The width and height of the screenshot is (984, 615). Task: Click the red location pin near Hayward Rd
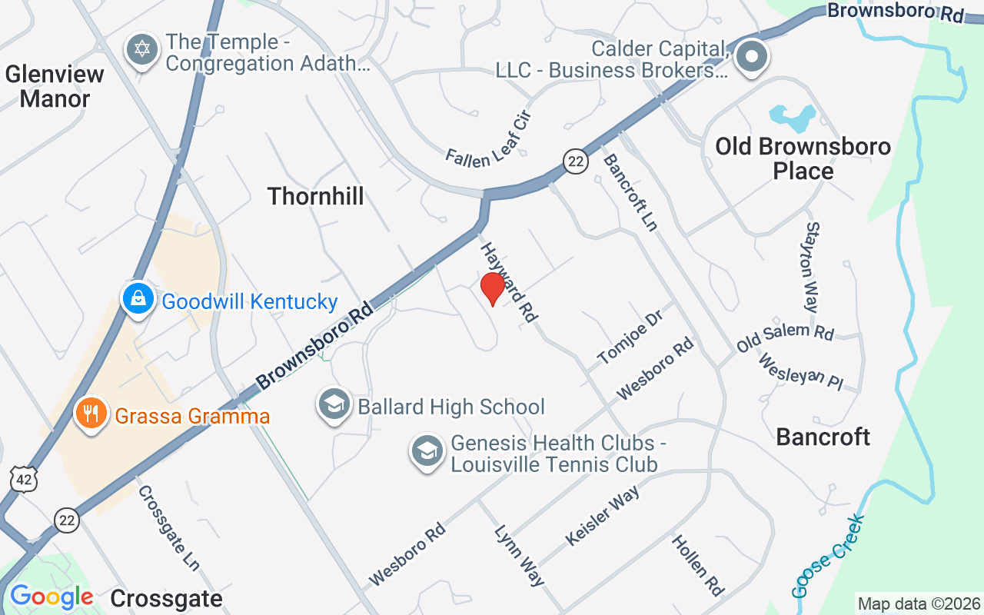tap(492, 288)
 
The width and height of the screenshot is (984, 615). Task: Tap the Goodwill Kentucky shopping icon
tap(138, 300)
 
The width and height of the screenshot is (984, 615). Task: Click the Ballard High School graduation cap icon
tap(334, 404)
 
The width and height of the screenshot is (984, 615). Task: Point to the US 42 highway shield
tap(23, 478)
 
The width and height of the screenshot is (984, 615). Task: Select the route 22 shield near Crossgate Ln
tap(67, 520)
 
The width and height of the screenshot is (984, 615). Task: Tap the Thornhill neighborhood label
tap(315, 196)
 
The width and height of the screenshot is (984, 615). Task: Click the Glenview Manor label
tap(55, 86)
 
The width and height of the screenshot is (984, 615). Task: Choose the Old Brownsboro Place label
tap(803, 158)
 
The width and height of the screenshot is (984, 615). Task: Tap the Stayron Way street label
tap(813, 267)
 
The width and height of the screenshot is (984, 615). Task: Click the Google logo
tap(52, 597)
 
